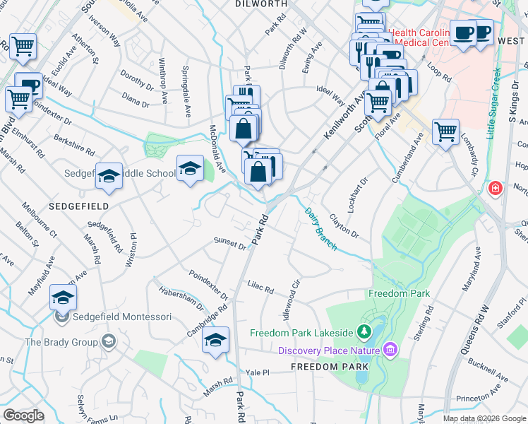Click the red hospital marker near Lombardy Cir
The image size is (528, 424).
(495, 189)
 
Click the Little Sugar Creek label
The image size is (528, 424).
(492, 103)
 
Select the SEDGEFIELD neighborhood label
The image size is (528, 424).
(79, 206)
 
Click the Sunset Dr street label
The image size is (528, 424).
(230, 243)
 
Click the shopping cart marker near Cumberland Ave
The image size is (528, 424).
(446, 131)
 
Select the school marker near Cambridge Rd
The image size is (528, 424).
(216, 339)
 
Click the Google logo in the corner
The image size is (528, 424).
(23, 416)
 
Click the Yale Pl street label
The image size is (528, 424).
(258, 372)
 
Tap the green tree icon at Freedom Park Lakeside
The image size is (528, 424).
(364, 331)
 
